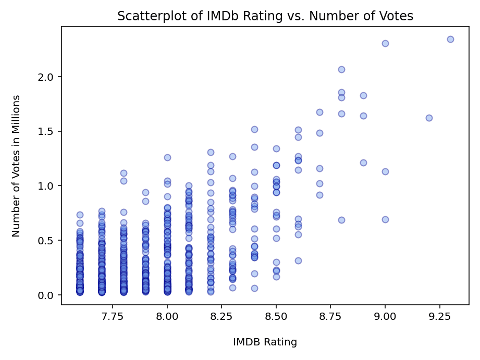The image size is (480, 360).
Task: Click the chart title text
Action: (x=265, y=16)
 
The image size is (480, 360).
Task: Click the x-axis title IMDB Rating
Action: (x=265, y=342)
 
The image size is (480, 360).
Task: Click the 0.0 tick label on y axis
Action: (x=48, y=295)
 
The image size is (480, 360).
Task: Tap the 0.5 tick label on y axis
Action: (x=48, y=240)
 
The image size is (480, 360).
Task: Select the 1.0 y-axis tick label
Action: (x=48, y=186)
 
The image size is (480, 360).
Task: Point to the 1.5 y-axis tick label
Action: (x=48, y=131)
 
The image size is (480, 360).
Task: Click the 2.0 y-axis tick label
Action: (x=48, y=77)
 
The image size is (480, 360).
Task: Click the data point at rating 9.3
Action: (x=450, y=39)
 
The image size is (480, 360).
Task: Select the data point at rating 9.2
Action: (x=429, y=118)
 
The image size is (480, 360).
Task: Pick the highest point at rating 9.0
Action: (x=385, y=43)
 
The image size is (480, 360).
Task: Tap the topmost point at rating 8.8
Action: (x=341, y=69)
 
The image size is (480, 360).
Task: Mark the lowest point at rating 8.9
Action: (x=363, y=163)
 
